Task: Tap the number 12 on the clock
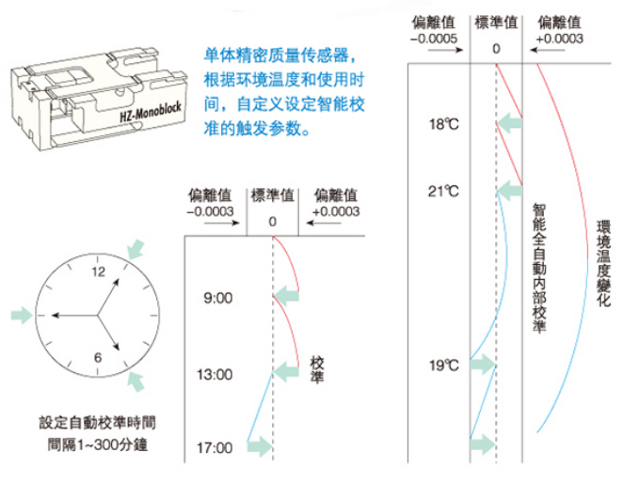(99, 271)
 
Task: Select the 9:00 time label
(216, 299)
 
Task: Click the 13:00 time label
(214, 374)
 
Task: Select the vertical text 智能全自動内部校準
(538, 268)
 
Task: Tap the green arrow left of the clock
(24, 313)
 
